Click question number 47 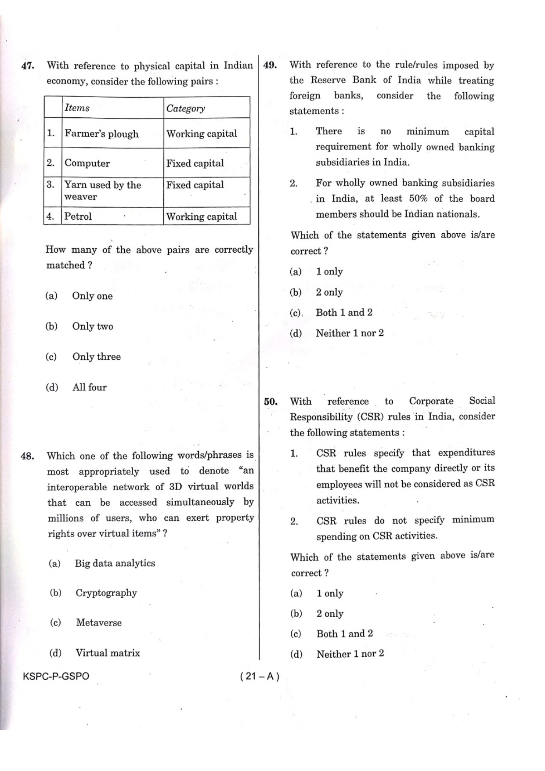(28, 66)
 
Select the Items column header (77, 108)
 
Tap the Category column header (185, 108)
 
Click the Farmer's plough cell (101, 134)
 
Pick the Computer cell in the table (87, 163)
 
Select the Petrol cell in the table (78, 216)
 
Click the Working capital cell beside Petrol (202, 216)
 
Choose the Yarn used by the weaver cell (103, 191)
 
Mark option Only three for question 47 (96, 357)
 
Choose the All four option (89, 387)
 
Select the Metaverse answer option (98, 623)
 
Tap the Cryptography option (106, 593)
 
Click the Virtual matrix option (108, 653)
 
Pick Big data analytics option (115, 563)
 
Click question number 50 (271, 402)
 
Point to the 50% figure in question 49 (418, 199)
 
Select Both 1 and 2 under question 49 (344, 313)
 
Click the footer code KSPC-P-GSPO (56, 676)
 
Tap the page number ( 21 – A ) (260, 676)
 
